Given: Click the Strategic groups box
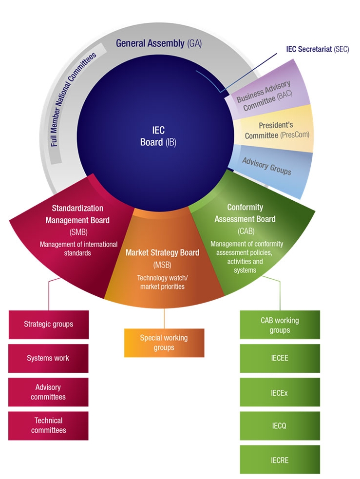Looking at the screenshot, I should click(49, 324).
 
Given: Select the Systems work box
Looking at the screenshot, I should click(49, 358).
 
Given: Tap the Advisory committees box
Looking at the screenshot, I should click(49, 392).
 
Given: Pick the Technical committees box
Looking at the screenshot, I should click(49, 425).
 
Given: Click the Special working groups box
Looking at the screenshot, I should click(164, 343).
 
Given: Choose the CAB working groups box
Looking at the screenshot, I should click(280, 325).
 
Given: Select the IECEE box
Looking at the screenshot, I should click(280, 358).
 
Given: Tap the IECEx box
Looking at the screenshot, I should click(280, 392).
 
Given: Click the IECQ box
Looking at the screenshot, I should click(280, 426).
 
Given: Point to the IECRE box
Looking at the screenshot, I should click(280, 460).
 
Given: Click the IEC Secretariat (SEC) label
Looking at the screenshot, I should click(317, 50).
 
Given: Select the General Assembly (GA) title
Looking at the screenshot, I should click(158, 43).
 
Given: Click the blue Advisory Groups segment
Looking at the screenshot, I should click(267, 166).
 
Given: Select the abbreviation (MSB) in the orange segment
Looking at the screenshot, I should click(162, 265).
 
